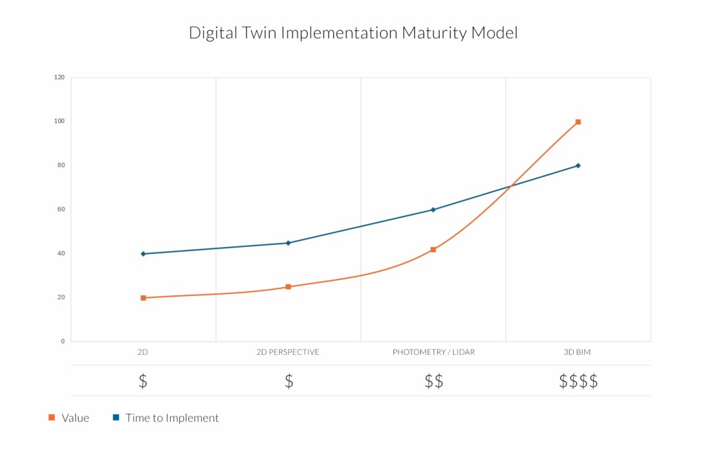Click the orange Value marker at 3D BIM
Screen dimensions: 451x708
578,122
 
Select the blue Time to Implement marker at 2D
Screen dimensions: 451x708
143,254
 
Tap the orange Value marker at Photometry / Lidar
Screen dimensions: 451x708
433,250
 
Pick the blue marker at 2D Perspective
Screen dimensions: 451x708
288,243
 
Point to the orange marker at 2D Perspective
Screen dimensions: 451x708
288,287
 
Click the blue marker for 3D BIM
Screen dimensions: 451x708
578,165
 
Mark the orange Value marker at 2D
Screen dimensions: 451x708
143,298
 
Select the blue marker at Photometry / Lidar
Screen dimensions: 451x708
433,210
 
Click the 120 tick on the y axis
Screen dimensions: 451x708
59,77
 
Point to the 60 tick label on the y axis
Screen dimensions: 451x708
61,210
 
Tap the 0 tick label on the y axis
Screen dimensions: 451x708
63,342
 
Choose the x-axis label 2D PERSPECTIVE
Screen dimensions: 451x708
288,353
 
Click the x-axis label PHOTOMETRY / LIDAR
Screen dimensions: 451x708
434,353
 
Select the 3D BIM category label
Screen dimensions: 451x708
577,353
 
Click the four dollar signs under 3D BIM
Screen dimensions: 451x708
578,381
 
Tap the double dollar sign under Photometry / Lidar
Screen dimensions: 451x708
434,381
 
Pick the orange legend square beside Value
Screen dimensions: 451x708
51,418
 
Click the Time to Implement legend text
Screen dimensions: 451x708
171,418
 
